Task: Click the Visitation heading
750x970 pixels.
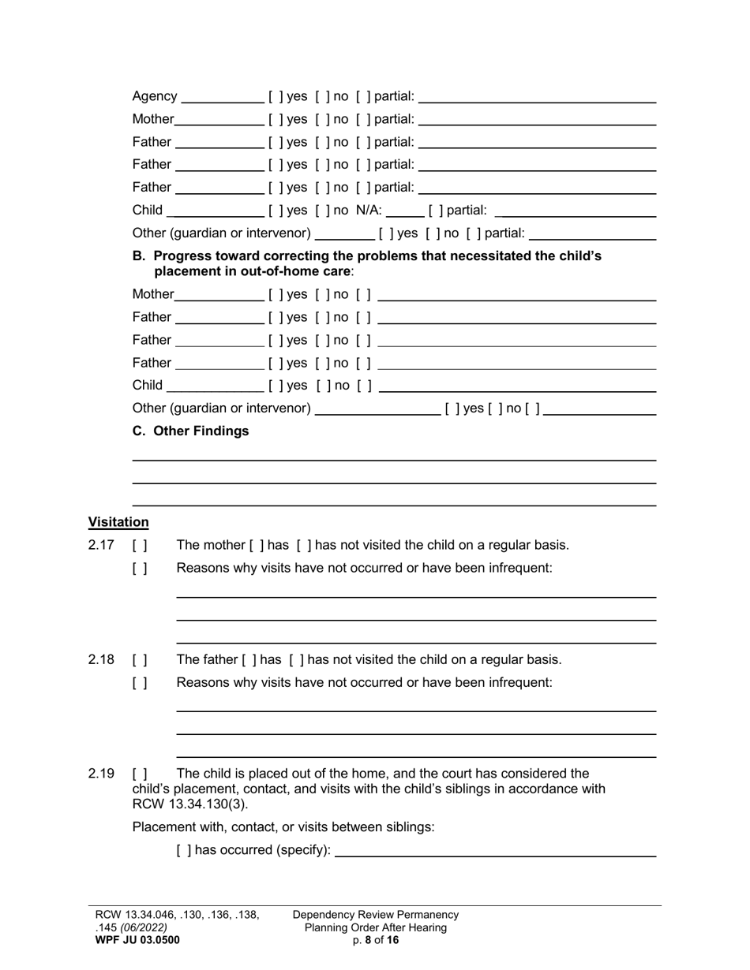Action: (x=118, y=522)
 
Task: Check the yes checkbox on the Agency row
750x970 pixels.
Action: (x=273, y=96)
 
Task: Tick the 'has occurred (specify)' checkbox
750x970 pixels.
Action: (x=182, y=851)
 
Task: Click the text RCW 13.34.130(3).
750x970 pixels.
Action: (x=189, y=804)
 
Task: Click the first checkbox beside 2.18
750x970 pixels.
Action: (x=140, y=660)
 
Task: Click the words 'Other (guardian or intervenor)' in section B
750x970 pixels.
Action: (x=221, y=409)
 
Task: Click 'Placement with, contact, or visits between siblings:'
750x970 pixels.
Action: (x=283, y=827)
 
